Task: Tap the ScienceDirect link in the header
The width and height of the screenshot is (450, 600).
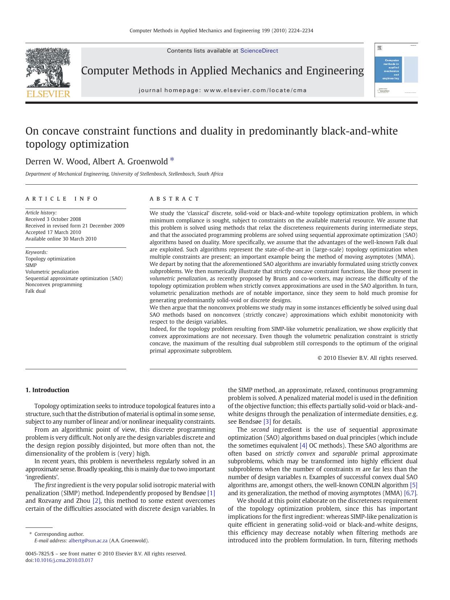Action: pyautogui.click(x=259, y=51)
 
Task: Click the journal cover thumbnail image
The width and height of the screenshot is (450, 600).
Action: pyautogui.click(x=396, y=70)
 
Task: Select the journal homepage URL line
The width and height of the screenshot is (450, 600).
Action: pyautogui.click(x=222, y=90)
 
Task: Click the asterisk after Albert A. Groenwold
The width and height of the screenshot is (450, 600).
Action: pyautogui.click(x=172, y=160)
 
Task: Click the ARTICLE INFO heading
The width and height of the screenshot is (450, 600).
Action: pyautogui.click(x=62, y=199)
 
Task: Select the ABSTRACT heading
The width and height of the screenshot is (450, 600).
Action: pyautogui.click(x=174, y=199)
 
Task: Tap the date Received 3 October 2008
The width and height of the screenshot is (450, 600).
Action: pyautogui.click(x=53, y=219)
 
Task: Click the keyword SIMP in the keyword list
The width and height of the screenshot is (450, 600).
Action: pyautogui.click(x=31, y=265)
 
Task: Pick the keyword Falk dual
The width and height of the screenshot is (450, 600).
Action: pyautogui.click(x=36, y=291)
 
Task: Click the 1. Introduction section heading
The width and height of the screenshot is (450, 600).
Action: pyautogui.click(x=47, y=390)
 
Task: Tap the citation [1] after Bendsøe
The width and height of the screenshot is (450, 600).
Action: pyautogui.click(x=211, y=493)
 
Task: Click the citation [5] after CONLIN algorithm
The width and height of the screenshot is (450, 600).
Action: pyautogui.click(x=413, y=485)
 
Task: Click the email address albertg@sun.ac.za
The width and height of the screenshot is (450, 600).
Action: pyautogui.click(x=88, y=541)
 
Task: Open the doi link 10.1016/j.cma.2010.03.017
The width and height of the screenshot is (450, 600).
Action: pyautogui.click(x=63, y=560)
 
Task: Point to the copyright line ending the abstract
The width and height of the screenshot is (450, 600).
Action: pyautogui.click(x=367, y=358)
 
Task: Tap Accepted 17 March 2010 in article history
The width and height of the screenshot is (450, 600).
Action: pyautogui.click(x=53, y=232)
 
